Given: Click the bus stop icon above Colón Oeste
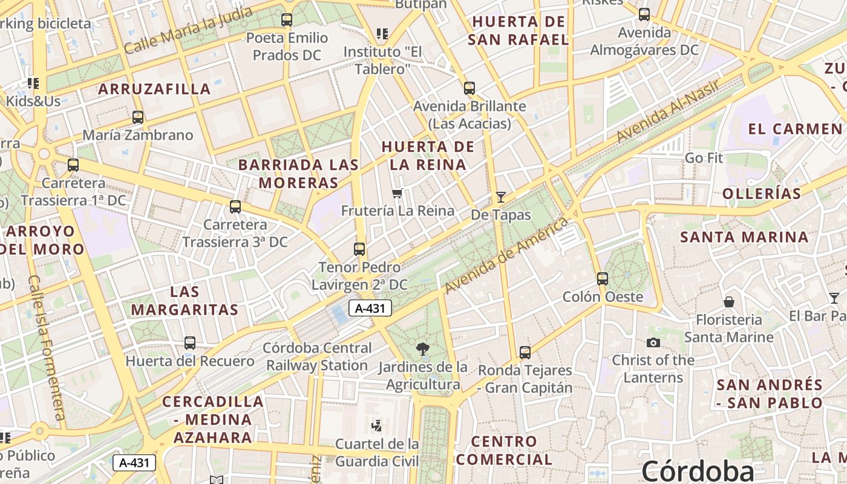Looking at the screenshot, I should pyautogui.click(x=602, y=278).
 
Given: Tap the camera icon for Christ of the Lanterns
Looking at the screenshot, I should pyautogui.click(x=653, y=342).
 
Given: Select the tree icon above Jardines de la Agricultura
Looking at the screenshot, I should pyautogui.click(x=423, y=348).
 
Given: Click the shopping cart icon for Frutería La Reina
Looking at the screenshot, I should pyautogui.click(x=397, y=194).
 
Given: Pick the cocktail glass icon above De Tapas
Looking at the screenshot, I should pyautogui.click(x=500, y=197).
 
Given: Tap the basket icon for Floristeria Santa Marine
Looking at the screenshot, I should pyautogui.click(x=729, y=301).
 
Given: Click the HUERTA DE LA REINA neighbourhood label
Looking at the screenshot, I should pyautogui.click(x=428, y=155).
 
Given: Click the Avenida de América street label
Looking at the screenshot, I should pyautogui.click(x=506, y=256).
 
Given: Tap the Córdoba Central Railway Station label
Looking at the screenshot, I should pyautogui.click(x=318, y=357).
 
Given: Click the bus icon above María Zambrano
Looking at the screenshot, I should pyautogui.click(x=138, y=117).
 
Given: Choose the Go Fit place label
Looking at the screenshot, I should pyautogui.click(x=704, y=158).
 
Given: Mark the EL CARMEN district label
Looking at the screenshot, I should pyautogui.click(x=795, y=129).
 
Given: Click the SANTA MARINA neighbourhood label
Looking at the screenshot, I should pyautogui.click(x=744, y=237).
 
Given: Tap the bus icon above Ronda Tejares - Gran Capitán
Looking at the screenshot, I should pyautogui.click(x=525, y=352).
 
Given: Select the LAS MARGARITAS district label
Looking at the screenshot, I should pyautogui.click(x=185, y=301).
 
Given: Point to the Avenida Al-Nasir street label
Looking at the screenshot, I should pyautogui.click(x=668, y=111).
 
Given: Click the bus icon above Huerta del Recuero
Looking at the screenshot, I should pyautogui.click(x=190, y=343).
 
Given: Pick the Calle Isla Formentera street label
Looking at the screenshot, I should pyautogui.click(x=47, y=348).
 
